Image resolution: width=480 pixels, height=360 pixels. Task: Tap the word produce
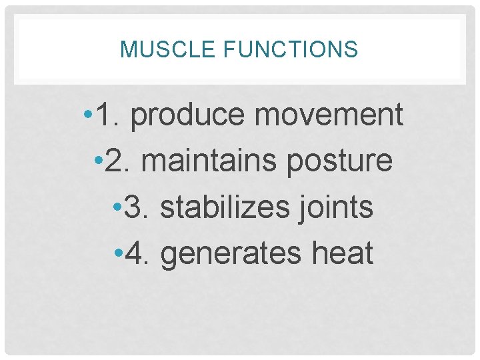point(188,116)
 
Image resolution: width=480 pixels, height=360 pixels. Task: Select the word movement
point(329,115)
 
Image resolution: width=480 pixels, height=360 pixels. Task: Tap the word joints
point(334,207)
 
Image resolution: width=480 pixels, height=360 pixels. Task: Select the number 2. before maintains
point(119,161)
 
